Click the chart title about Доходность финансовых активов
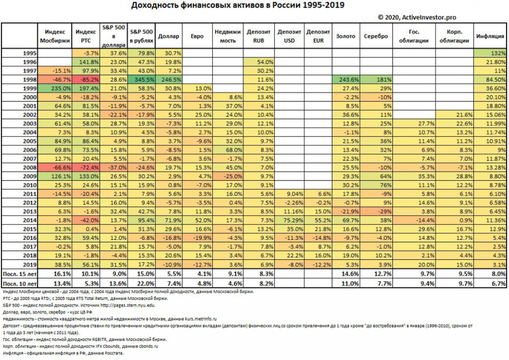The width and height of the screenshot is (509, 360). click(238, 5)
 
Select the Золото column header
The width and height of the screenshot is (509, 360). click(346, 36)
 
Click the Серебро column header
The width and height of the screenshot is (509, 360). click(376, 36)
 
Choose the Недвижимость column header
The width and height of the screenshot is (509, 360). click(228, 36)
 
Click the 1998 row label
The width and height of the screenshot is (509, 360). click(31, 80)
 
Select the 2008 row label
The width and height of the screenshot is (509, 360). click(31, 168)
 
